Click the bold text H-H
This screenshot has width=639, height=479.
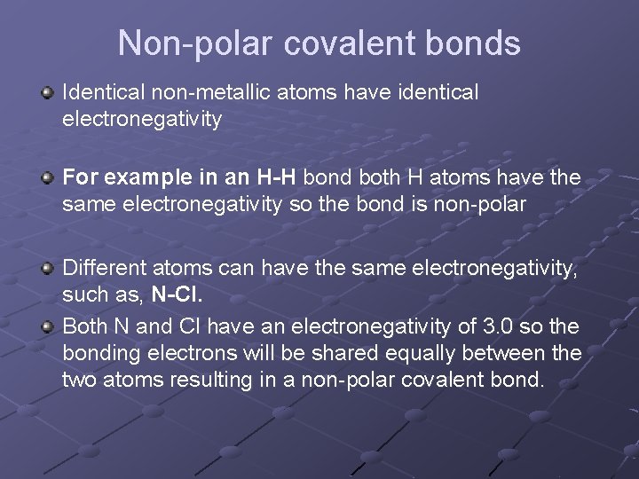tap(275, 177)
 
